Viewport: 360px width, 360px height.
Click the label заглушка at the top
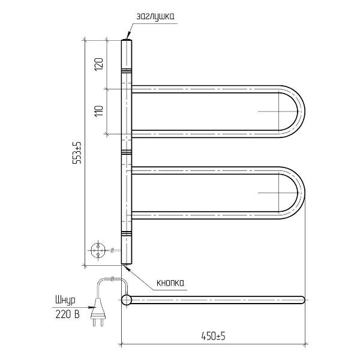[x=155, y=17]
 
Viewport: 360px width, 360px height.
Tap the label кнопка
[x=170, y=283]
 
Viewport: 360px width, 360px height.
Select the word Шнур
[x=65, y=301]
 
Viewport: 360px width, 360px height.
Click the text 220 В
[x=67, y=314]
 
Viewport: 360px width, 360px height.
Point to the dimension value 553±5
[x=77, y=152]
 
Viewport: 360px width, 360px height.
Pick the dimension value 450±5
[x=213, y=337]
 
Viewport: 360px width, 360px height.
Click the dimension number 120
[x=99, y=64]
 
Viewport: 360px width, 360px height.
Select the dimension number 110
[x=99, y=111]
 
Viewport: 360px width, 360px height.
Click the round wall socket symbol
[x=98, y=250]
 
